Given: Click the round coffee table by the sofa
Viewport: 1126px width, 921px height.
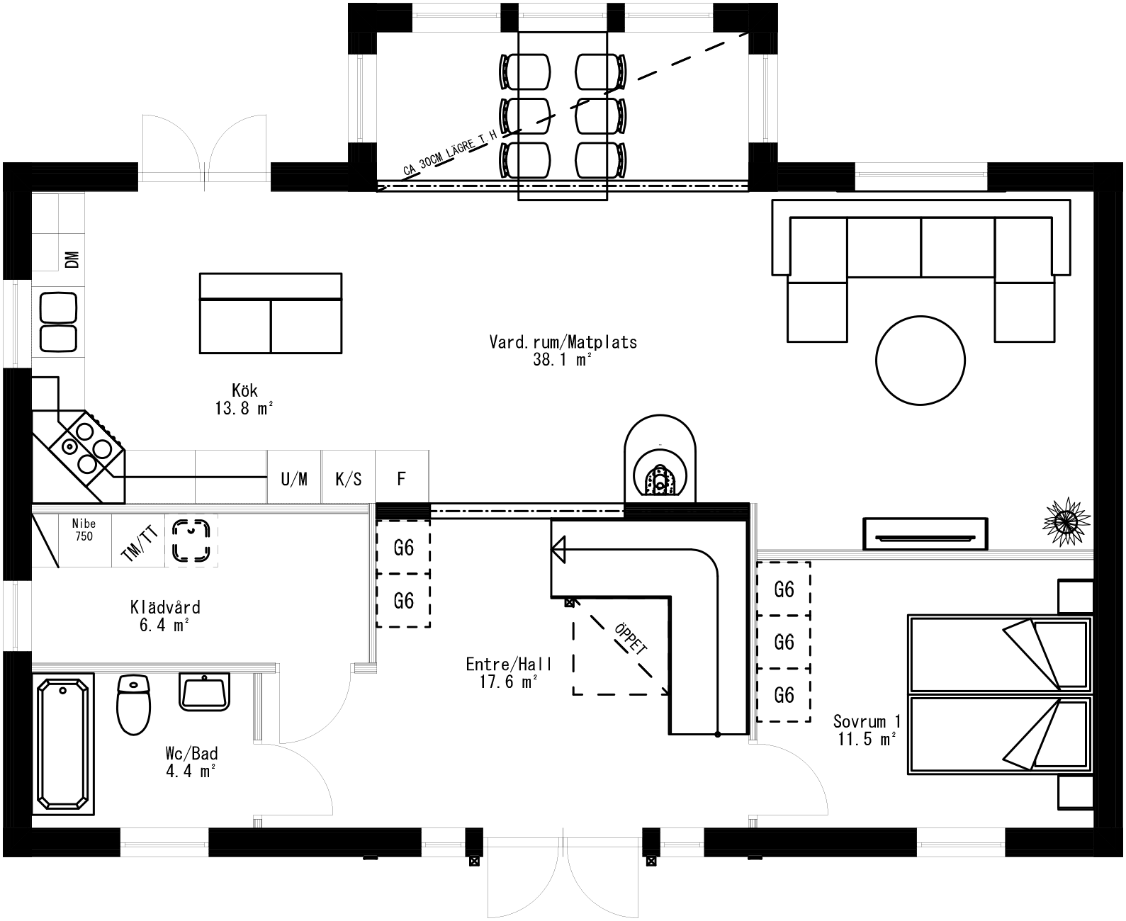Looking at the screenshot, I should coord(920,360).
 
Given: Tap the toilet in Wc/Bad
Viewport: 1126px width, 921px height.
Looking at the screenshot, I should coord(133,704).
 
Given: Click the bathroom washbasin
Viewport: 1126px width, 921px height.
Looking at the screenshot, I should coord(205,691).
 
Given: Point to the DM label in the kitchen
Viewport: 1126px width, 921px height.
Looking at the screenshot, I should coord(72,260).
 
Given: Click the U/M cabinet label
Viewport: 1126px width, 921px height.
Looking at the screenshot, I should coord(294,480).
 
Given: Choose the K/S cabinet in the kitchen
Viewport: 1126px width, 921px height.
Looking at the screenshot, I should coord(349,480).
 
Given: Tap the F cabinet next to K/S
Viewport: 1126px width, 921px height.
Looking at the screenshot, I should coord(401,480).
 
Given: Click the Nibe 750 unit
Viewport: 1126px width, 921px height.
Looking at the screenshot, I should coord(84,530).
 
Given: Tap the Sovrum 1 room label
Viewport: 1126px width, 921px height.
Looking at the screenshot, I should coord(867,721).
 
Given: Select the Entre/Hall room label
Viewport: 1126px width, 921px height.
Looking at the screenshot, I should coord(509,664).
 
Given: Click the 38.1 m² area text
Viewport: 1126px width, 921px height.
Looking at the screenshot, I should coord(563,360).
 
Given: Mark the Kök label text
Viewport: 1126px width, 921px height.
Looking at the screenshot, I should coord(244,390).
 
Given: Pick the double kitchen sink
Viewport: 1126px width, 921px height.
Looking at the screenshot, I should coord(58,322).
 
